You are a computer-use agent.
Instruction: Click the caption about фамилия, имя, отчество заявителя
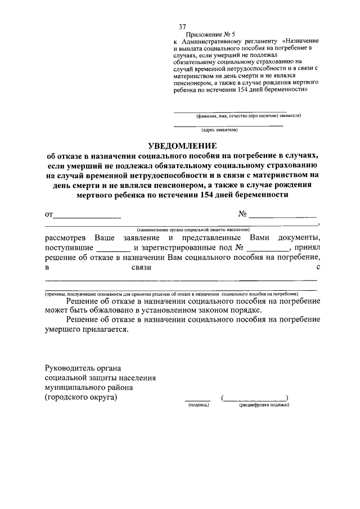point(248,116)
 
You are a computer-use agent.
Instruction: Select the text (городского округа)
point(81,397)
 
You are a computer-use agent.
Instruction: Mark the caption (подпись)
point(199,405)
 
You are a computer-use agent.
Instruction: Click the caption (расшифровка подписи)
point(260,405)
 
